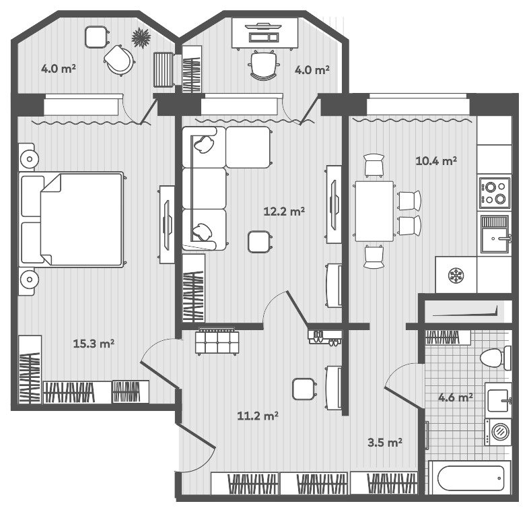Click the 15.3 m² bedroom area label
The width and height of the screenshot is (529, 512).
94,344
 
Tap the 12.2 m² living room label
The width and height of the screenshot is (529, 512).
284,212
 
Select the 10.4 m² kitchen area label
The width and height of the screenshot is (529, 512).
436,161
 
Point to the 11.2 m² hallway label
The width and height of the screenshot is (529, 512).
258,416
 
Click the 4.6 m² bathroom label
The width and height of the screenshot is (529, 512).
456,397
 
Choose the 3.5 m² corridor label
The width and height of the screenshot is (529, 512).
385,442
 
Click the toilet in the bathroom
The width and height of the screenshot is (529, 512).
495,358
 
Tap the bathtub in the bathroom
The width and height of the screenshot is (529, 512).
470,478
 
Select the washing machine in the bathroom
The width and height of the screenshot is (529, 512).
498,432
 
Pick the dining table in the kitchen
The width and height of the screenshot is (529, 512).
374,212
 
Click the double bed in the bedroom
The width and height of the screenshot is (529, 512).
71,219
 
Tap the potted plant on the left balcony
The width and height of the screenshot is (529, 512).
141,38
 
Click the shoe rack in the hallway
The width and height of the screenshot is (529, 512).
324,337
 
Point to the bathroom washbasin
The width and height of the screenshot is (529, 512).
498,398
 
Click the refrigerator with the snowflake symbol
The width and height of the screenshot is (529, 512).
456,275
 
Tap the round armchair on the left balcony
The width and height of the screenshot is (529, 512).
118,60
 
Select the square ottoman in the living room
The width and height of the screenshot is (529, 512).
259,242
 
